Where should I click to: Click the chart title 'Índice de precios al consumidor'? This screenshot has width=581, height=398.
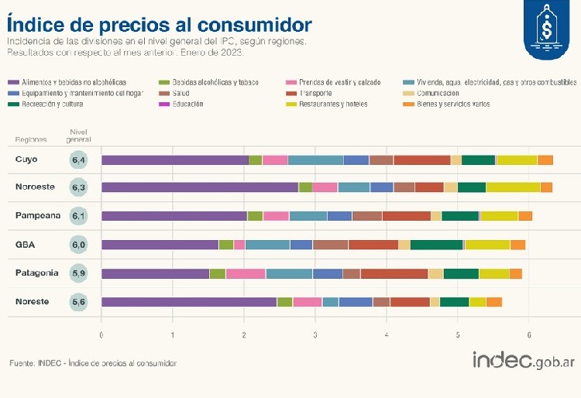[160, 22]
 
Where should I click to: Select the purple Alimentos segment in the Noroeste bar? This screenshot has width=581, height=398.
[199, 187]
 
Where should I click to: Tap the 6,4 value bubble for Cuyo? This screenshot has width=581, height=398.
[79, 160]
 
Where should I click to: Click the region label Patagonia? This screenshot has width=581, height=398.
[36, 273]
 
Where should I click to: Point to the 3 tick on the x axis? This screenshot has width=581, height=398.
[315, 335]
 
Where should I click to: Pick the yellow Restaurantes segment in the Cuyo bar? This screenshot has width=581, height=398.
[517, 160]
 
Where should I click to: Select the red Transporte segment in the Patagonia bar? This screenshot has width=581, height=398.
[394, 273]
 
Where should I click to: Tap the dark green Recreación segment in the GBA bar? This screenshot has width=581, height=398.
[436, 245]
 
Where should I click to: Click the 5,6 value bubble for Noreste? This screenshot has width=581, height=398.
[79, 302]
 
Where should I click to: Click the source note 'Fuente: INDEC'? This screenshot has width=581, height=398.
[92, 363]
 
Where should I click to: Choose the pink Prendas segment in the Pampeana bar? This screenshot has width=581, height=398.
[276, 216]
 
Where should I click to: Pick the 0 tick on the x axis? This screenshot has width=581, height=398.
[101, 335]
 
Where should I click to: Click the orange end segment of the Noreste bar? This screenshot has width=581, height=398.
[494, 302]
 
